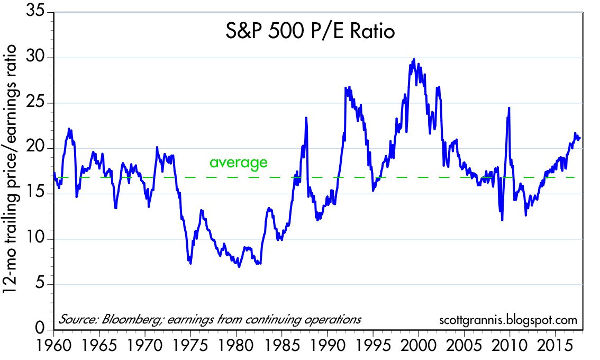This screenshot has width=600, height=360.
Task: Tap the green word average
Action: pyautogui.click(x=239, y=163)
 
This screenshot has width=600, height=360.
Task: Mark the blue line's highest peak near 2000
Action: pyautogui.click(x=414, y=59)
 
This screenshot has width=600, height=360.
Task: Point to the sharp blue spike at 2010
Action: pyautogui.click(x=509, y=108)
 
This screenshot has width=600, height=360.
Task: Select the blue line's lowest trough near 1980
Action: pyautogui.click(x=239, y=266)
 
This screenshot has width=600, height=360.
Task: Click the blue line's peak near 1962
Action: pyautogui.click(x=69, y=129)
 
